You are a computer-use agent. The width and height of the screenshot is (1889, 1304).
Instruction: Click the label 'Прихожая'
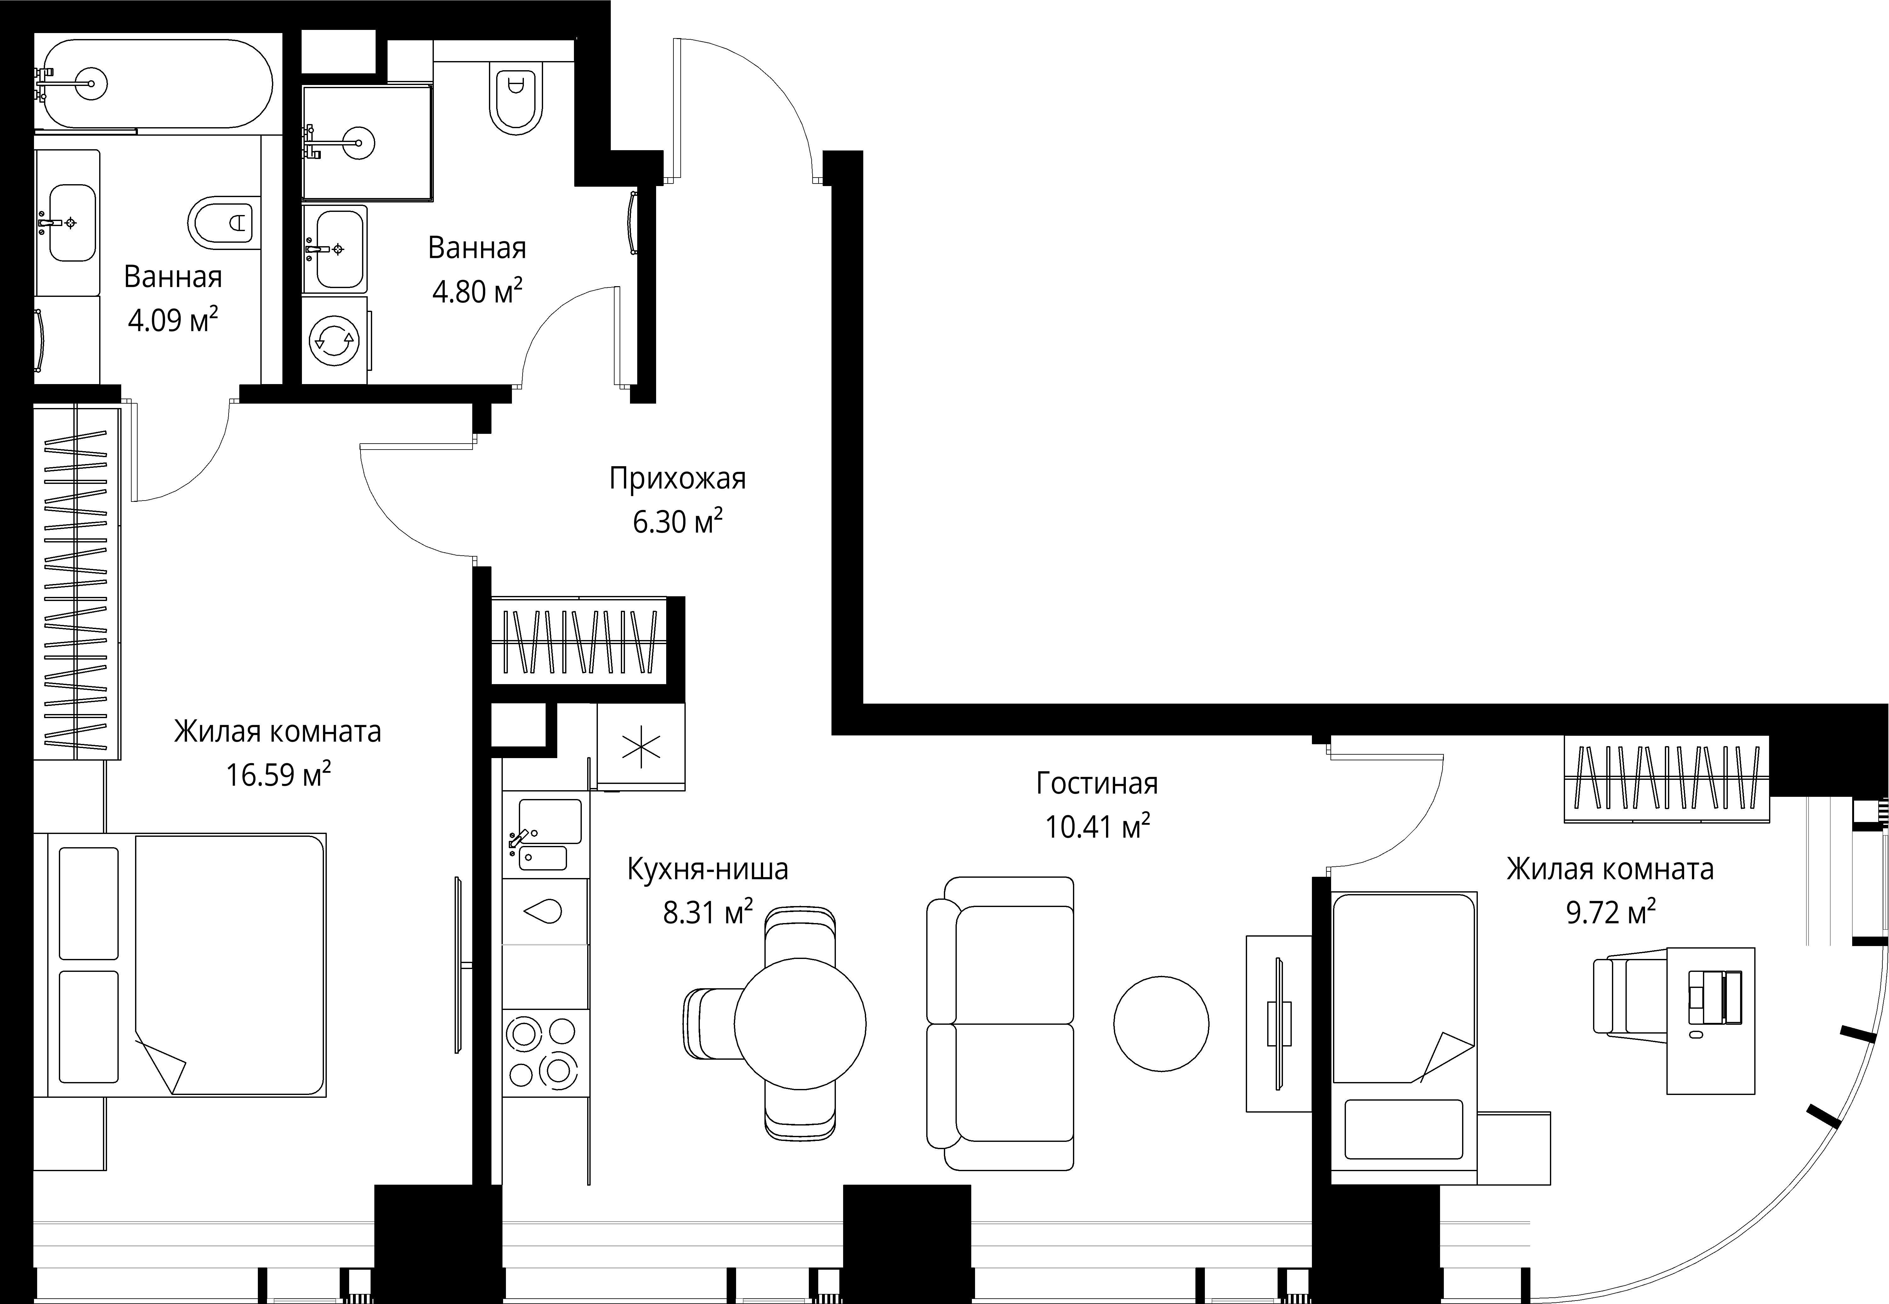677,478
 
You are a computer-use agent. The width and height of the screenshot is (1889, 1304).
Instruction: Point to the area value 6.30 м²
677,521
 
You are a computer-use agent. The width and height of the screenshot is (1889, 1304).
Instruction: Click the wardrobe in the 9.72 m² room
1667,779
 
